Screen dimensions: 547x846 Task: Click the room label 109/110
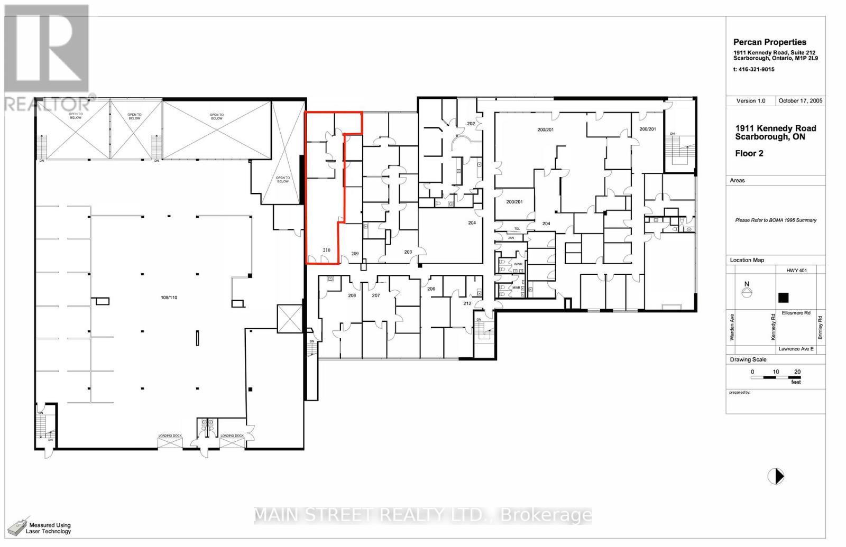pyautogui.click(x=169, y=298)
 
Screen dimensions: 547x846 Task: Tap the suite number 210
pyautogui.click(x=327, y=250)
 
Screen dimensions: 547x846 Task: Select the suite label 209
pyautogui.click(x=355, y=254)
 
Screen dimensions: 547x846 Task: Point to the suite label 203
pyautogui.click(x=408, y=252)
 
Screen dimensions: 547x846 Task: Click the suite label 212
pyautogui.click(x=467, y=303)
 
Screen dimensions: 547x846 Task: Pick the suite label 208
pyautogui.click(x=352, y=295)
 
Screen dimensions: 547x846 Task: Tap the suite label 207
pyautogui.click(x=376, y=295)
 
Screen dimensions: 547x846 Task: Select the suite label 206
pyautogui.click(x=431, y=289)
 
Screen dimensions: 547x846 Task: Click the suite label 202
pyautogui.click(x=471, y=124)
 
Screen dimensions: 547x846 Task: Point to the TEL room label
pyautogui.click(x=517, y=229)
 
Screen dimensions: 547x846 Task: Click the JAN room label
pyautogui.click(x=511, y=238)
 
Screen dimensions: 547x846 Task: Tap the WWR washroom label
pyautogui.click(x=518, y=264)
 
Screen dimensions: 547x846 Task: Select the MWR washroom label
pyautogui.click(x=516, y=288)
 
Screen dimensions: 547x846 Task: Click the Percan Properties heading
pyautogui.click(x=769, y=42)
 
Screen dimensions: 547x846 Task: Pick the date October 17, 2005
pyautogui.click(x=800, y=100)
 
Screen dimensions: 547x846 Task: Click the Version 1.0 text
pyautogui.click(x=750, y=100)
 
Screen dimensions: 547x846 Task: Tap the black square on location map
pyautogui.click(x=783, y=298)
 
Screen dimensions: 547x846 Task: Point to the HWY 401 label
pyautogui.click(x=796, y=271)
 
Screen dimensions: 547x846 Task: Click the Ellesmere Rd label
pyautogui.click(x=796, y=313)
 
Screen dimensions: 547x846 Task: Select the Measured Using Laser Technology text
pyautogui.click(x=48, y=528)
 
